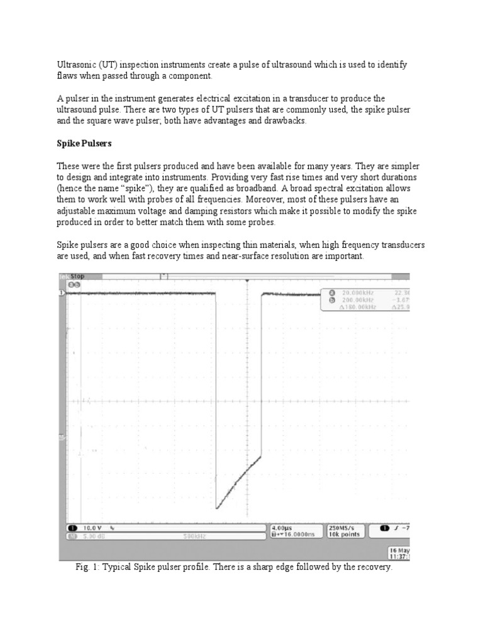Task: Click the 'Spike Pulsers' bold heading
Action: (x=84, y=143)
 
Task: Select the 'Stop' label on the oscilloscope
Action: (x=77, y=276)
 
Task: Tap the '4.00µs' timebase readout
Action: (x=281, y=528)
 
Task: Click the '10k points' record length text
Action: (x=343, y=535)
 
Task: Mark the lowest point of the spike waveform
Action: (x=217, y=508)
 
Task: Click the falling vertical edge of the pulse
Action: (x=216, y=396)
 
